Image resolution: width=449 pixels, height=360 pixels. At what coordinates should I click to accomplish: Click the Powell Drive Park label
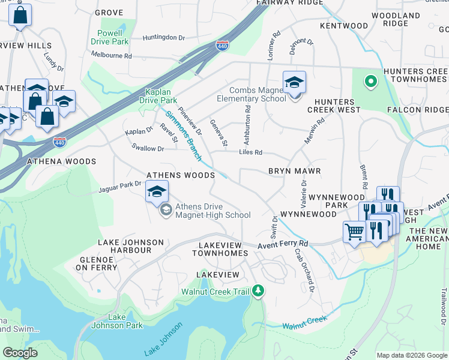click(x=109, y=37)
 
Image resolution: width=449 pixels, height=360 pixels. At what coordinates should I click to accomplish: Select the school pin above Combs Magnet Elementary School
click(x=294, y=83)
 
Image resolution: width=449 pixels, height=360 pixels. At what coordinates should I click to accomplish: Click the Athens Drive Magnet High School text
click(x=212, y=211)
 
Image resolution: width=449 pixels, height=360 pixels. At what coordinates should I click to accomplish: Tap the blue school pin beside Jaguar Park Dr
click(x=157, y=192)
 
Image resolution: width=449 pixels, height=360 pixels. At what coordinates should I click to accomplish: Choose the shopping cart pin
click(x=355, y=232)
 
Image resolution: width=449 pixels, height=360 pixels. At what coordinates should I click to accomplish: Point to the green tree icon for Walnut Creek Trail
click(x=258, y=291)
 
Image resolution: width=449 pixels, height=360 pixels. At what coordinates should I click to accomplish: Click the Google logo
click(x=20, y=352)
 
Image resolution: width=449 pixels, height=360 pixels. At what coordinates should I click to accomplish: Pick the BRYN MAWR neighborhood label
click(x=294, y=171)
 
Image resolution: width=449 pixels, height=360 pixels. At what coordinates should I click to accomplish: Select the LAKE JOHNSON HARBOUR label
click(x=130, y=247)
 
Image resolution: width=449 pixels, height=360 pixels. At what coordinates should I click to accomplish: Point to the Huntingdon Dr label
click(x=164, y=37)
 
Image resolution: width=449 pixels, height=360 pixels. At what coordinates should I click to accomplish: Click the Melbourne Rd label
click(x=111, y=55)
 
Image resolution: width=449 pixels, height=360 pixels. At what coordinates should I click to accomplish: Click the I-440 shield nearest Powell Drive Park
click(x=222, y=46)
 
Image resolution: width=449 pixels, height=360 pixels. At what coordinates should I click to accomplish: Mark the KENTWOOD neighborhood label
click(x=344, y=26)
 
